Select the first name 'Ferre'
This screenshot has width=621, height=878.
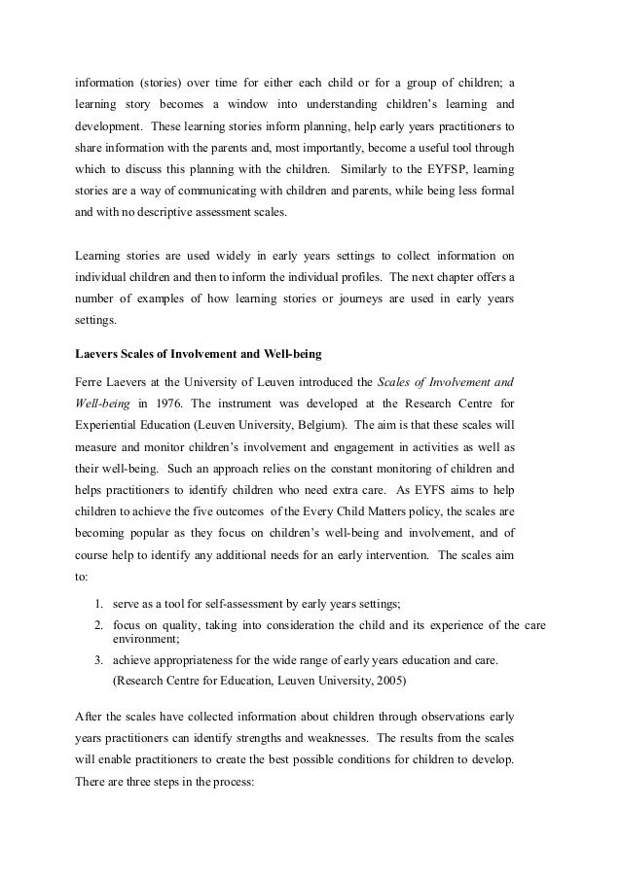click(91, 378)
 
